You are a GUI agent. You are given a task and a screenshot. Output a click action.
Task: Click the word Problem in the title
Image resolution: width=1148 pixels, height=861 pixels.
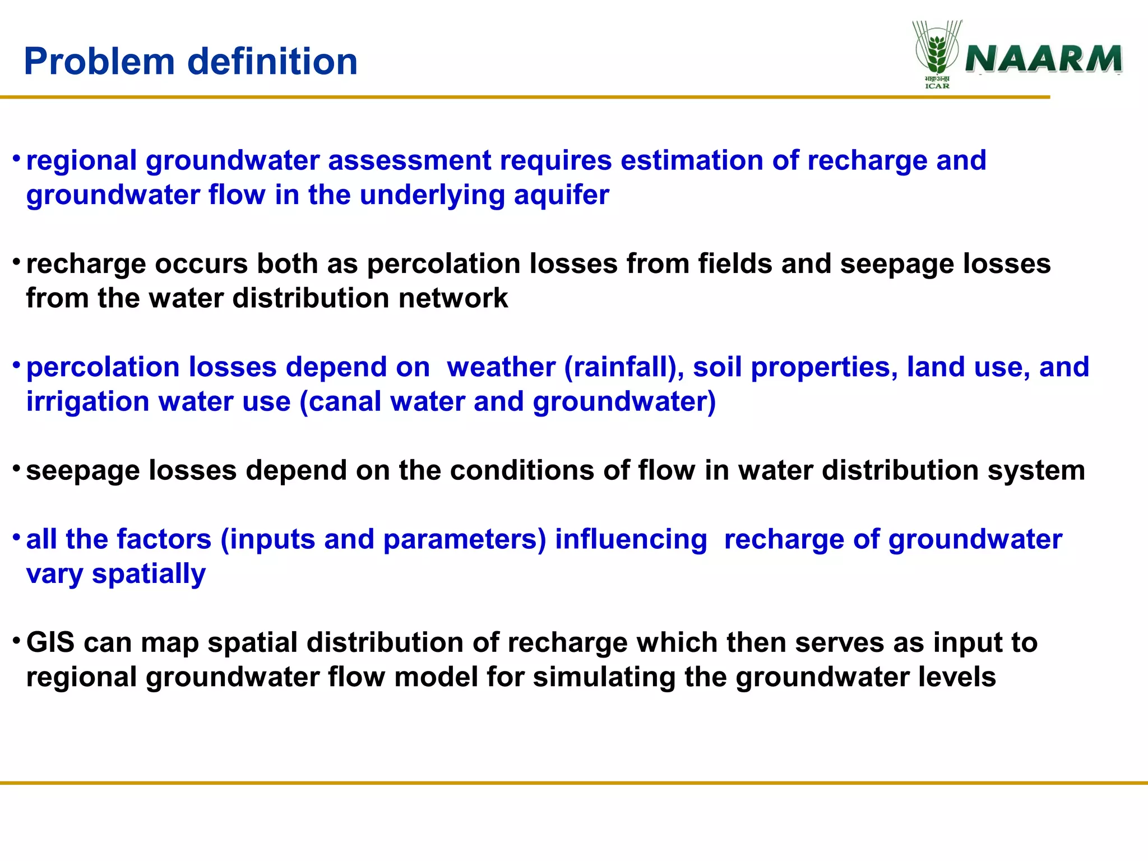[x=99, y=62]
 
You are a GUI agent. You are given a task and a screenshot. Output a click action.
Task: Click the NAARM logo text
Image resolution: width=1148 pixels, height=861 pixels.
[x=1043, y=59]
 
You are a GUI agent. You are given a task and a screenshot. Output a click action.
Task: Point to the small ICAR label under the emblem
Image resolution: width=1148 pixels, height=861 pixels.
[x=937, y=86]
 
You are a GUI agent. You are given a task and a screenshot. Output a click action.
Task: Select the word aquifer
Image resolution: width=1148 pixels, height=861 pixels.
[x=561, y=196]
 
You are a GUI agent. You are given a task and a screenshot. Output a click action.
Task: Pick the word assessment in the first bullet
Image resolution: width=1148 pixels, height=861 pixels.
[x=409, y=161]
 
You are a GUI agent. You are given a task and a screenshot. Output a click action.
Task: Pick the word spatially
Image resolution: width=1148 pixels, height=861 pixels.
[x=149, y=575]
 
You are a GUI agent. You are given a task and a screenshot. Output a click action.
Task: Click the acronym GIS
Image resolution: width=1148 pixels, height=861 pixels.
[x=50, y=642]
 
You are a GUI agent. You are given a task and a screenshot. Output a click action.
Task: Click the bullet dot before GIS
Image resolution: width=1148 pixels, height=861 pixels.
[x=17, y=640]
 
